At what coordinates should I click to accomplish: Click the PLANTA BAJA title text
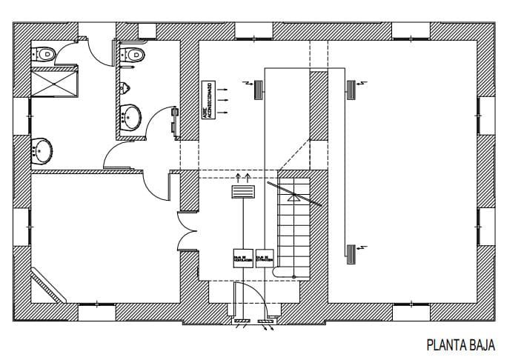coord(460,344)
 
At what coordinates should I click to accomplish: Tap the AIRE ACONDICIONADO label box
coord(210,103)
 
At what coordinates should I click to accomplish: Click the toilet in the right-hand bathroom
coord(134,54)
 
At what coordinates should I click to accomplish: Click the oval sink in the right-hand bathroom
coord(131,116)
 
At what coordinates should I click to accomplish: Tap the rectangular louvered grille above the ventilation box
coord(242,192)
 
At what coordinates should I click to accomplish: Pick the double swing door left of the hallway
coord(186,232)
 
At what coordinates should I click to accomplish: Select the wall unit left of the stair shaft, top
coord(258,90)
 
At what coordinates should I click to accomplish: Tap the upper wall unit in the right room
coord(350,90)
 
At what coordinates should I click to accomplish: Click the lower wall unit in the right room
coord(350,253)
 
